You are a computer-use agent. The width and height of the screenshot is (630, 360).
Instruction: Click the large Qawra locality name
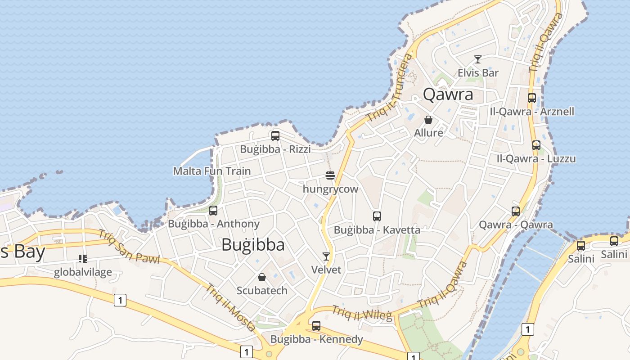click(448, 94)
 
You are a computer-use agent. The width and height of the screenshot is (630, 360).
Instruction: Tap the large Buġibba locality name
click(253, 244)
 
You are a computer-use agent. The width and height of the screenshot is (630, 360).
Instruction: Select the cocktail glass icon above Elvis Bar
click(478, 59)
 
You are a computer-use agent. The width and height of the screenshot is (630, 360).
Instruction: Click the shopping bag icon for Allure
click(428, 120)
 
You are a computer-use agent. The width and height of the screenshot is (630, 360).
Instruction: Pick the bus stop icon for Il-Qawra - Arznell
click(532, 98)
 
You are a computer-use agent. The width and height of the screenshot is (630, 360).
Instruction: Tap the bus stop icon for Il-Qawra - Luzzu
click(536, 145)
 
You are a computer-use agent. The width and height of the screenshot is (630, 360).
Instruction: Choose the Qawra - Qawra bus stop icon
click(516, 211)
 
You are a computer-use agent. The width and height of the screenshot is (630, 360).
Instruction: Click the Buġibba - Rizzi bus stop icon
click(275, 135)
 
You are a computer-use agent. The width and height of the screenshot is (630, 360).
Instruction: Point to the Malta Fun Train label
click(212, 171)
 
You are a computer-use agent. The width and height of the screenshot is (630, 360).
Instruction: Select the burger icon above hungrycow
click(330, 175)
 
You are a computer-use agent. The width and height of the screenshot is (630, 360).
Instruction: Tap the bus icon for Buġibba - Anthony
click(213, 210)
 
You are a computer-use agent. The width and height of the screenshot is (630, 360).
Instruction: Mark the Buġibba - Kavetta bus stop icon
click(377, 216)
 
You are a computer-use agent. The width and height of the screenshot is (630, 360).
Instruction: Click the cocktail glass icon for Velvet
click(326, 256)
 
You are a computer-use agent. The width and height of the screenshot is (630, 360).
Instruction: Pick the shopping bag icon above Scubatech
click(262, 277)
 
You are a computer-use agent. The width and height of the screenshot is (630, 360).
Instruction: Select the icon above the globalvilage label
click(82, 258)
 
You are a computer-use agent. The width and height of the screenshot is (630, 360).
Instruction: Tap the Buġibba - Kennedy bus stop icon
click(316, 325)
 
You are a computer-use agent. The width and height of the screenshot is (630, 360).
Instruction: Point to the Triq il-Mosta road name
click(231, 308)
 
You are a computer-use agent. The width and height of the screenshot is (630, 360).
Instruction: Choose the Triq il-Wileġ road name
click(362, 313)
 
